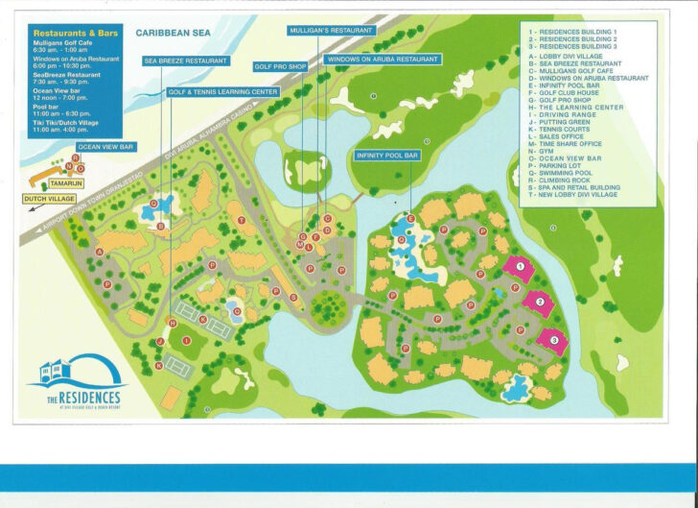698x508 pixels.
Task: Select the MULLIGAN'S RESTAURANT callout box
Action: (x=330, y=31)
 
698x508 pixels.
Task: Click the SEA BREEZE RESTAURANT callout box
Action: (x=186, y=60)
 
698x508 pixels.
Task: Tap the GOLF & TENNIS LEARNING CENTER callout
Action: (x=222, y=92)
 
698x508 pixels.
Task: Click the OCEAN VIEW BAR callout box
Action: (x=106, y=147)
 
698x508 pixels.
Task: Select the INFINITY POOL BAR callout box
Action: (x=388, y=155)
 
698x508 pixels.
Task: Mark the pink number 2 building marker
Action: (x=539, y=302)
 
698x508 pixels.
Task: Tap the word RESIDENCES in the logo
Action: (x=84, y=396)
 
